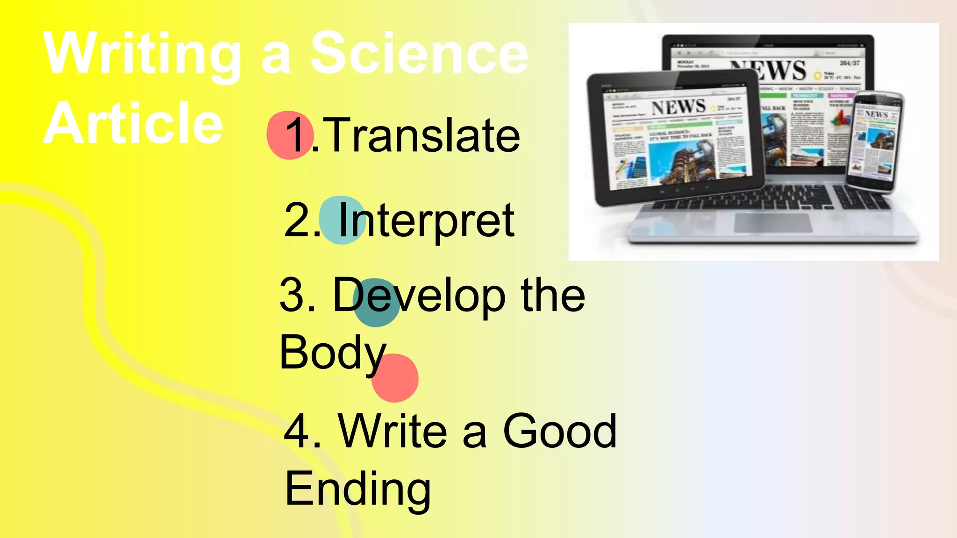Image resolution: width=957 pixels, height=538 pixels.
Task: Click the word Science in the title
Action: [419, 53]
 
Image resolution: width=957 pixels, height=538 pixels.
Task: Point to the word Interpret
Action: [426, 220]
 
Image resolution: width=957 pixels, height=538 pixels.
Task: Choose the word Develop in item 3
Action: [419, 296]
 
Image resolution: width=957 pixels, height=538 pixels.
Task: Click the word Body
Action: [332, 353]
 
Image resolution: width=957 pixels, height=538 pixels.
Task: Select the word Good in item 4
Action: [559, 431]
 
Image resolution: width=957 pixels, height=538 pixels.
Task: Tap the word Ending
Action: [357, 489]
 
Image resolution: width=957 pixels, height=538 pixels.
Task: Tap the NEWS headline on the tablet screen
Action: [678, 107]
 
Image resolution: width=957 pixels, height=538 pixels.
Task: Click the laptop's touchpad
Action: [773, 223]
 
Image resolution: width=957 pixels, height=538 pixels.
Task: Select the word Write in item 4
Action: [393, 431]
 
